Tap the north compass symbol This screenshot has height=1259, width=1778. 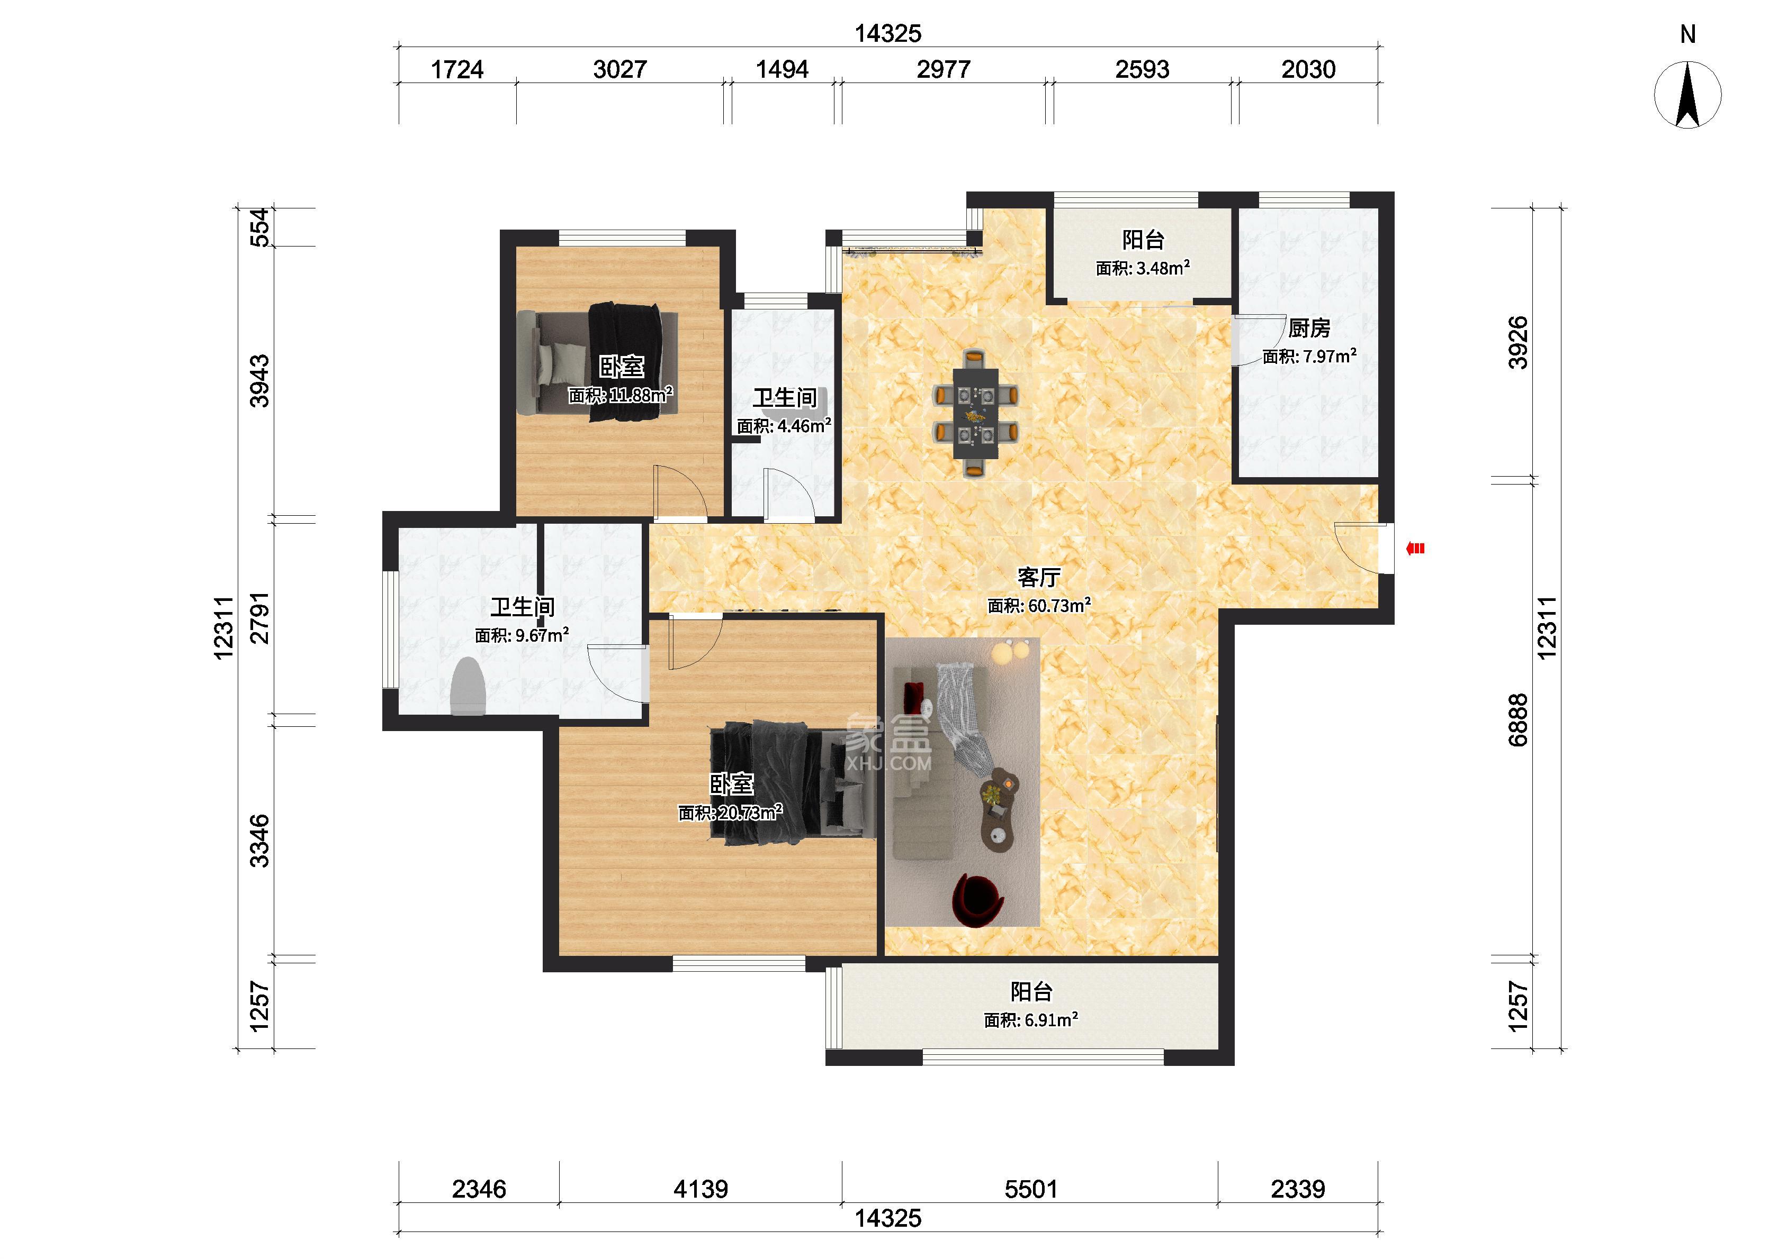[1688, 95]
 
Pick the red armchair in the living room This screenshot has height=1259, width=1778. [979, 899]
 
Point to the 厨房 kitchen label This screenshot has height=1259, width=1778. [1309, 329]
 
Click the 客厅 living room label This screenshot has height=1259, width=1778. [1039, 578]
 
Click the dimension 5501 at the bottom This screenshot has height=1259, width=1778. [1031, 1189]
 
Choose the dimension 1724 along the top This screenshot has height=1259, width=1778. [457, 70]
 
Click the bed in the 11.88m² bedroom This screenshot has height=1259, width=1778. [597, 362]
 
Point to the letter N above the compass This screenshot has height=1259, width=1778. [1688, 34]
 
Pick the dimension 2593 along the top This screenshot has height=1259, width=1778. [1142, 70]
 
